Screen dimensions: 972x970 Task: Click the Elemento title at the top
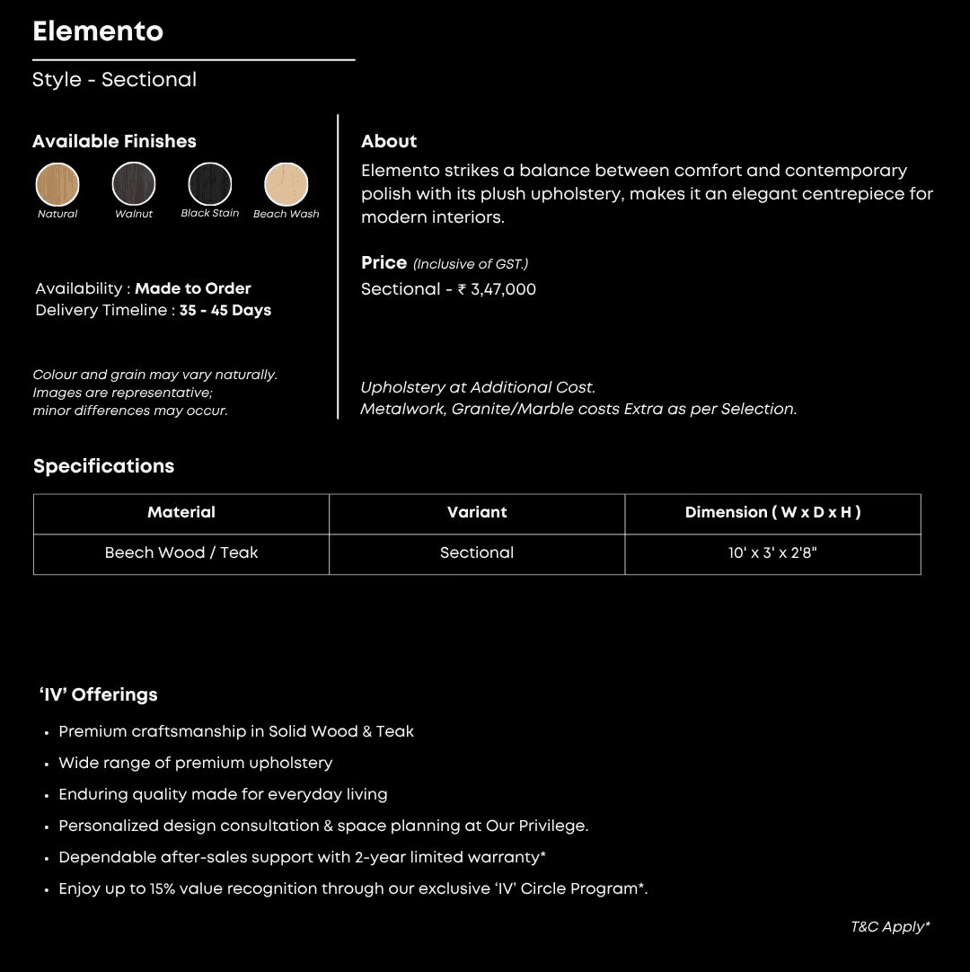pos(98,31)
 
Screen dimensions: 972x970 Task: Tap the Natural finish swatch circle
pos(57,184)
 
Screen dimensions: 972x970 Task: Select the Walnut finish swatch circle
pos(134,184)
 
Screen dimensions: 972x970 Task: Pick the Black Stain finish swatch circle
pos(210,184)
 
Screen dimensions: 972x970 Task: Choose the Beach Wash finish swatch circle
pos(287,184)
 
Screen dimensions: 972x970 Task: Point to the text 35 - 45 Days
pos(225,311)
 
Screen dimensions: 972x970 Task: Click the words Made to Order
pos(193,288)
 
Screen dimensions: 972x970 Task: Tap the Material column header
pos(181,513)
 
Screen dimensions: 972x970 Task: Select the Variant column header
pos(477,513)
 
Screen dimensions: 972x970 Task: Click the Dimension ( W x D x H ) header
pos(772,513)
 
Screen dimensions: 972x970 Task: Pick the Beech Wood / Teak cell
pos(181,553)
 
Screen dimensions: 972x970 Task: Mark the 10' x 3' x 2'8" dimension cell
pos(772,553)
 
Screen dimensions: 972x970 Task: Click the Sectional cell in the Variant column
pos(477,553)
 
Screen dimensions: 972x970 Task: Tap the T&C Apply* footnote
pos(890,927)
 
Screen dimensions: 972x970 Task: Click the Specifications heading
pos(103,466)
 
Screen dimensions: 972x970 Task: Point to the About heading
pos(389,142)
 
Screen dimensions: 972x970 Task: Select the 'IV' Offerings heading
pos(99,694)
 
